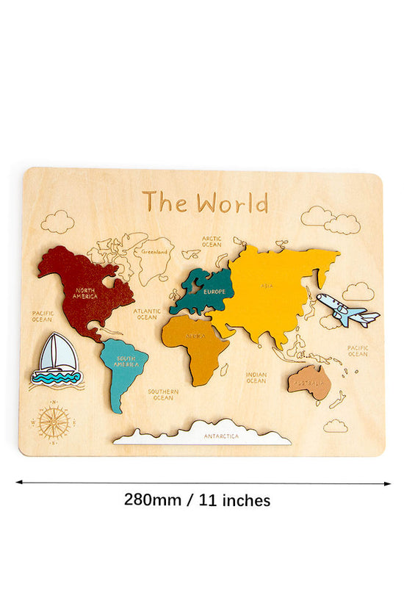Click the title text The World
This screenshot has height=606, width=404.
point(205,201)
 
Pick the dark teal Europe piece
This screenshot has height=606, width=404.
point(206,290)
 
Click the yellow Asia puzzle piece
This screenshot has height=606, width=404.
point(279,290)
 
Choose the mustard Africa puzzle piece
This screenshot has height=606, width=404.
point(195,345)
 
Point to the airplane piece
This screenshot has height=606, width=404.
point(347,311)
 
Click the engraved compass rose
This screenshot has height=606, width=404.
point(54,422)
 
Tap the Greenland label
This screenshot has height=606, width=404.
point(154,252)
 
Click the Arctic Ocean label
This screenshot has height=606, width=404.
point(212,241)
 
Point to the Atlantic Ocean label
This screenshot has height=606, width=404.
point(147,314)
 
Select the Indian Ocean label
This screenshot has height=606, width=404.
point(256,378)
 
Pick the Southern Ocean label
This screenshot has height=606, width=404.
point(162,394)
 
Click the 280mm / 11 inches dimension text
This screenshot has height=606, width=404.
point(197,501)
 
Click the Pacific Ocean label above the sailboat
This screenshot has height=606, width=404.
point(42,316)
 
